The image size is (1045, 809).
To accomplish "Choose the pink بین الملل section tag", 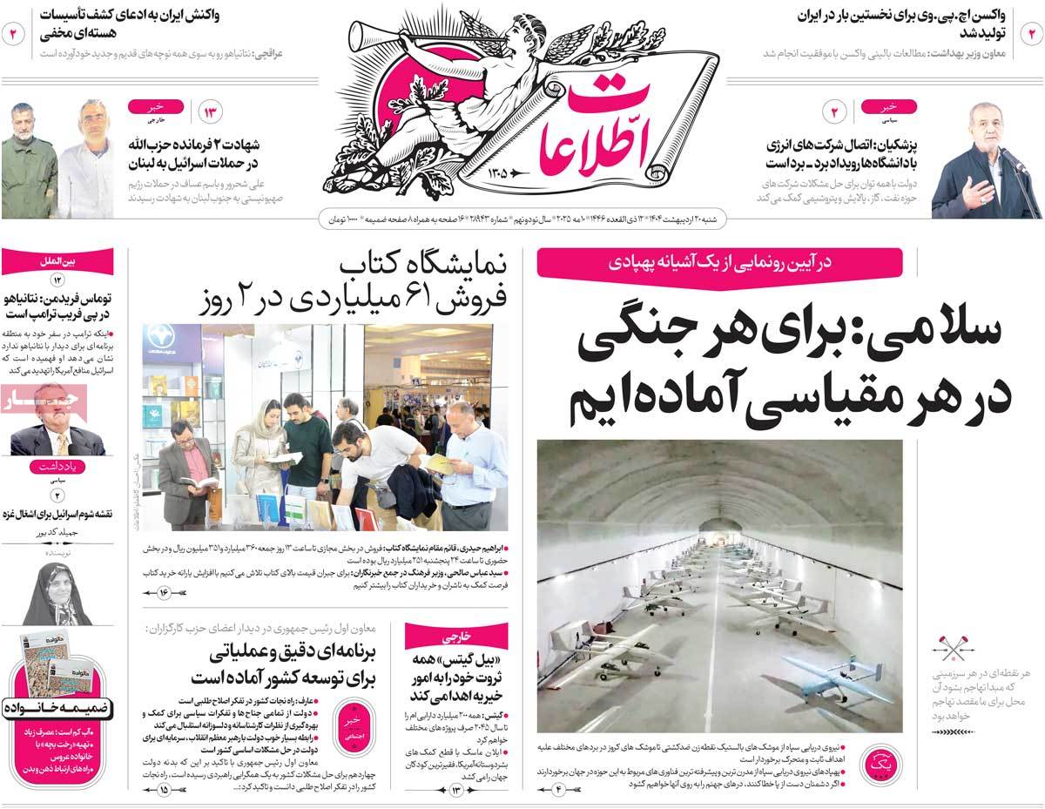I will coord(57,260).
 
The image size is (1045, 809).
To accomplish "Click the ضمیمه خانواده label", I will coord(57,707).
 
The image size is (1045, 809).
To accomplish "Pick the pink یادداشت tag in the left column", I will coord(57,467).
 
